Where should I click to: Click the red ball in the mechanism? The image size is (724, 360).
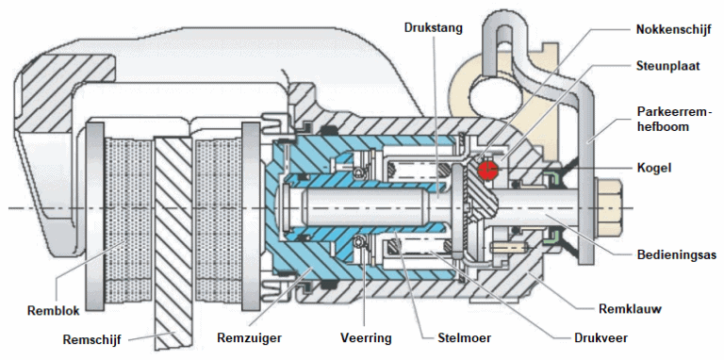487,170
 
